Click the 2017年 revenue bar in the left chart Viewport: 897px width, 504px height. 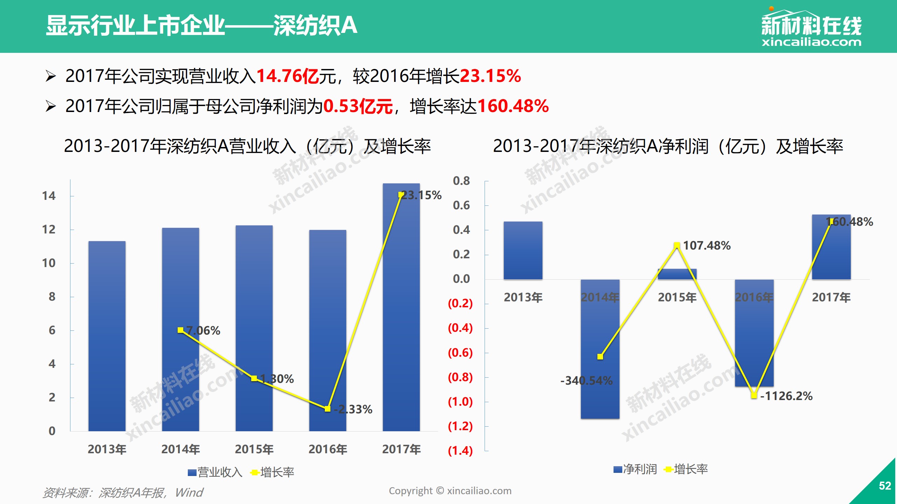[401, 308]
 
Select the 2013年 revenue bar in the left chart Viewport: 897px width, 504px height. [107, 336]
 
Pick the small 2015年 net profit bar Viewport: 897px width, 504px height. [677, 274]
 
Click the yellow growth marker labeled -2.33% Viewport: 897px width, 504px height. [328, 409]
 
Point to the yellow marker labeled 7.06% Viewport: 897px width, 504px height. [180, 330]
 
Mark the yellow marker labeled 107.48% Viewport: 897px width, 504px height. [677, 245]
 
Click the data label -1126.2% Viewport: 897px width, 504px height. [786, 396]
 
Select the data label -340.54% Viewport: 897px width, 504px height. [587, 380]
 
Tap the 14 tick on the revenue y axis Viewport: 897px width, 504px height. [49, 196]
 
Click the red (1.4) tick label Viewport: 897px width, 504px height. [460, 450]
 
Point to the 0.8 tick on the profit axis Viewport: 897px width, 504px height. [461, 181]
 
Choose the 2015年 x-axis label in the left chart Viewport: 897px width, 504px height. [254, 449]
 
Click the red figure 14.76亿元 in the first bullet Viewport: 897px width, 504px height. [288, 76]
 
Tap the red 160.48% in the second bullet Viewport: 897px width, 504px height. [513, 106]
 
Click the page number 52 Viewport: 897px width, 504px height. [885, 486]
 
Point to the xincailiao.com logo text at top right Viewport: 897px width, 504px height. [811, 42]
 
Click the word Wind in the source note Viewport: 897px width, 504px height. [189, 493]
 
